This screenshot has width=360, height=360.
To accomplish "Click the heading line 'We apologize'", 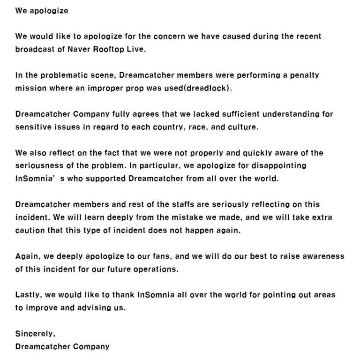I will tap(42, 10).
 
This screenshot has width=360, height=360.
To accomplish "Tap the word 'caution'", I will tap(30, 230).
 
